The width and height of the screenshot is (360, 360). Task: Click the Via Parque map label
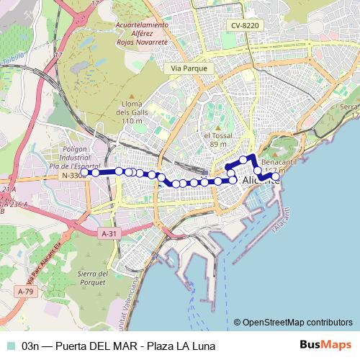click(x=189, y=68)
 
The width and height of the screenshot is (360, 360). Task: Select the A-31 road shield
click(x=109, y=233)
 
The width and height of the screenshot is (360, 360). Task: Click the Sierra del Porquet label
click(x=96, y=276)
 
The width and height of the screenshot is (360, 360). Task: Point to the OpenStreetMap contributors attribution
click(x=297, y=322)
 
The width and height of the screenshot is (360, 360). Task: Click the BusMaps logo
click(x=326, y=345)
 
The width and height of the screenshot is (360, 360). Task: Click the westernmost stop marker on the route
click(x=85, y=172)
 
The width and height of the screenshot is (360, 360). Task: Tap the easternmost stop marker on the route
click(x=274, y=176)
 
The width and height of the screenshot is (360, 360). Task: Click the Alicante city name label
click(x=261, y=180)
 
